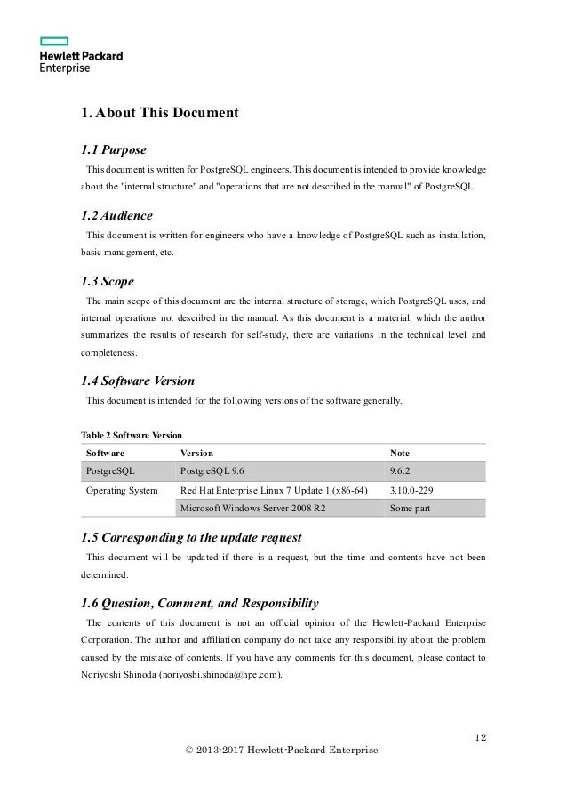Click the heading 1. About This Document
pyautogui.click(x=159, y=113)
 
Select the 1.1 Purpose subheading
pyautogui.click(x=113, y=149)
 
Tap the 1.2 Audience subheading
pyautogui.click(x=116, y=216)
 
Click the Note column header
pyautogui.click(x=402, y=453)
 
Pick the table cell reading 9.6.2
pyautogui.click(x=403, y=470)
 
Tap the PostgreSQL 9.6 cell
pyautogui.click(x=218, y=470)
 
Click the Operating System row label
pyautogui.click(x=121, y=490)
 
